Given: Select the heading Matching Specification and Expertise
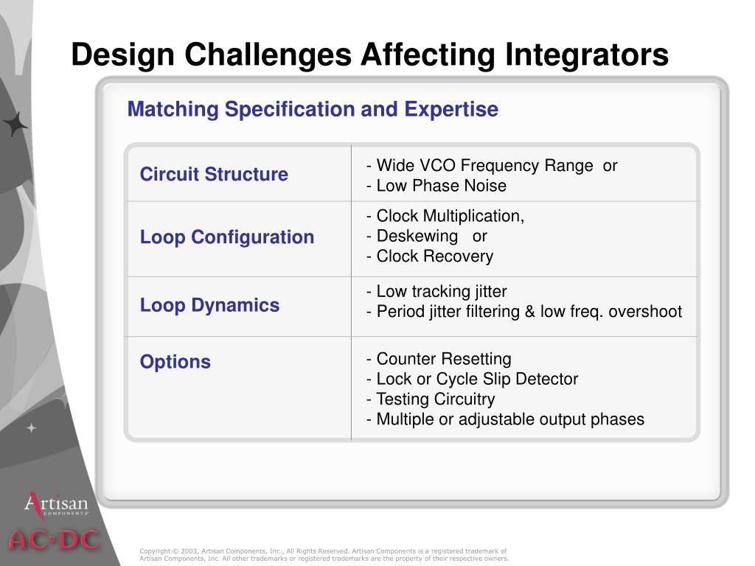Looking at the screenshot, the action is (x=313, y=109).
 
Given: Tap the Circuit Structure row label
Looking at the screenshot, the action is (x=214, y=174).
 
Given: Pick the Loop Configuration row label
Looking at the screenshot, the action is (x=227, y=238).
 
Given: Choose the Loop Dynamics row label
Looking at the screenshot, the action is (x=209, y=306).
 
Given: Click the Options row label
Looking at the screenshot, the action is (x=175, y=362).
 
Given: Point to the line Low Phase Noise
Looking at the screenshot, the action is (x=436, y=186).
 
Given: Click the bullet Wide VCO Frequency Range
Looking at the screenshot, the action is (x=479, y=166).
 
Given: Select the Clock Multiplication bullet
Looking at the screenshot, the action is (x=445, y=216).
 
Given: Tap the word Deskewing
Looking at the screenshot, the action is (x=417, y=237).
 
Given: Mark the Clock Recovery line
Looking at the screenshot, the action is (x=430, y=256).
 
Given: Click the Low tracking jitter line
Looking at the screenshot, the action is (x=436, y=292).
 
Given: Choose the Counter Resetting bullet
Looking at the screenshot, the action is (x=439, y=359).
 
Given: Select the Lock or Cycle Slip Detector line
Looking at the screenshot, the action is (x=472, y=380).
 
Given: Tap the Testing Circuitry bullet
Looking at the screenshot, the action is (x=431, y=399).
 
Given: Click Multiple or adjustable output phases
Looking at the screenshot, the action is (x=505, y=419).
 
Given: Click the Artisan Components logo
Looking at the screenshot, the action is (x=56, y=504).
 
